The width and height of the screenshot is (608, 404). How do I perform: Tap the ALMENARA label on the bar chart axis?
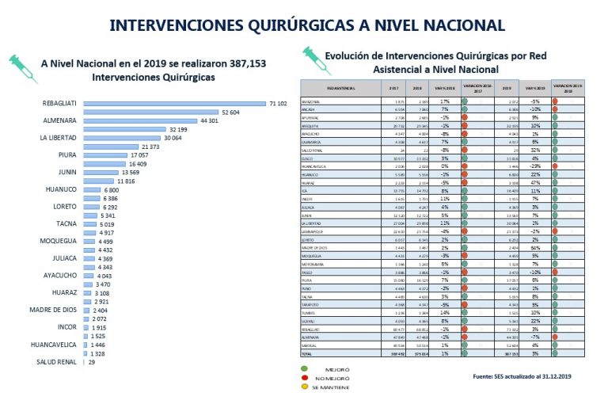(x=59, y=120)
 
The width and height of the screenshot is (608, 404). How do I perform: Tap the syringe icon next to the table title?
(x=310, y=56)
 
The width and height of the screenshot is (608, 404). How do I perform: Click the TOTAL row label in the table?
(x=306, y=353)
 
